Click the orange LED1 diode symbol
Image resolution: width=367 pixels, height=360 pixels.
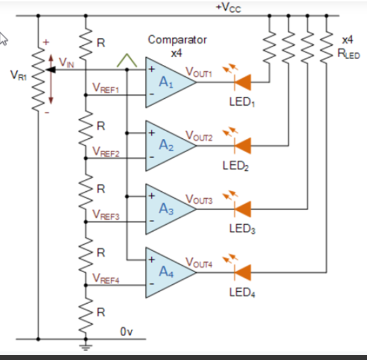[243, 82]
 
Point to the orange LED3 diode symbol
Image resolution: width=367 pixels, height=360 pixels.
[243, 209]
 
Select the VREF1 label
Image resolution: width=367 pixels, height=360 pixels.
[105, 89]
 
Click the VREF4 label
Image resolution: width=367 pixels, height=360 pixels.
[105, 278]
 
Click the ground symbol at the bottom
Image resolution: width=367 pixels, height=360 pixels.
[86, 347]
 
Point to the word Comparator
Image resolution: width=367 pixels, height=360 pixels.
[178, 40]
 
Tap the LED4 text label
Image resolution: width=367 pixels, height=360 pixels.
[242, 292]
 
